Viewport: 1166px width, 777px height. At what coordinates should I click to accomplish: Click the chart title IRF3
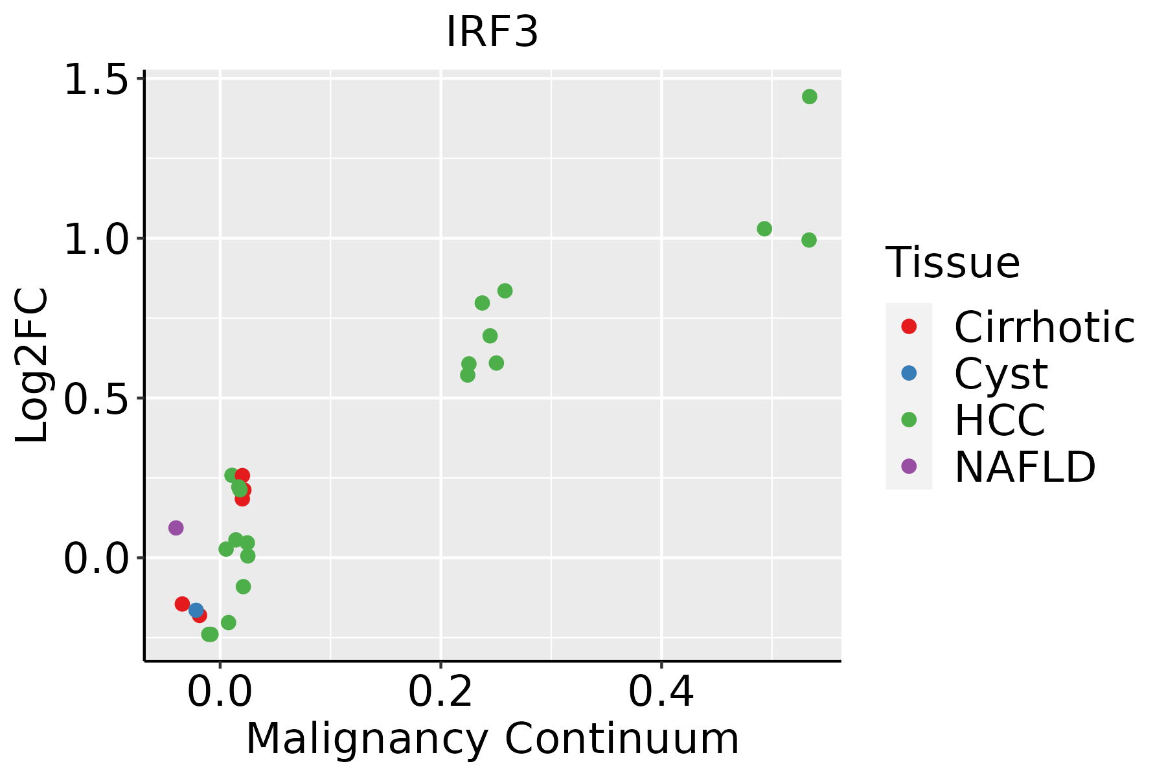(492, 32)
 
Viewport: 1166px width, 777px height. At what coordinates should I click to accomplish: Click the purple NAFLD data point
(176, 528)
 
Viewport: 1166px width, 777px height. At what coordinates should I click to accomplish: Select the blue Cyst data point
(196, 610)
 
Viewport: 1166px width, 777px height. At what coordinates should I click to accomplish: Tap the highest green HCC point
(809, 96)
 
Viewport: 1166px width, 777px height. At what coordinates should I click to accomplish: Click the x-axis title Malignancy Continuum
(492, 739)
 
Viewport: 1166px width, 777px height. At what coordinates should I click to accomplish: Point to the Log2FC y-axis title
(32, 366)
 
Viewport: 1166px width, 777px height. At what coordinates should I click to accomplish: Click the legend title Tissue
(953, 263)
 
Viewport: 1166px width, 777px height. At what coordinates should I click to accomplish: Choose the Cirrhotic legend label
(1044, 327)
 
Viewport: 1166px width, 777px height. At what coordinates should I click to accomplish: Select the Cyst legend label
(1001, 374)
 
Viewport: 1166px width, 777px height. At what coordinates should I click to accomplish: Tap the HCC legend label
(1000, 420)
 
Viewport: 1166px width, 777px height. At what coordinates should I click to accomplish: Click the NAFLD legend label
(1025, 467)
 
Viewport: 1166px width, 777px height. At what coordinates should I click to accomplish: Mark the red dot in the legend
(909, 326)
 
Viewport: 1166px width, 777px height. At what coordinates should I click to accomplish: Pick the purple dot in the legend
(909, 466)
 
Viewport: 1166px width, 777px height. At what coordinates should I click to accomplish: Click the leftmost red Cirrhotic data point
(182, 603)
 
